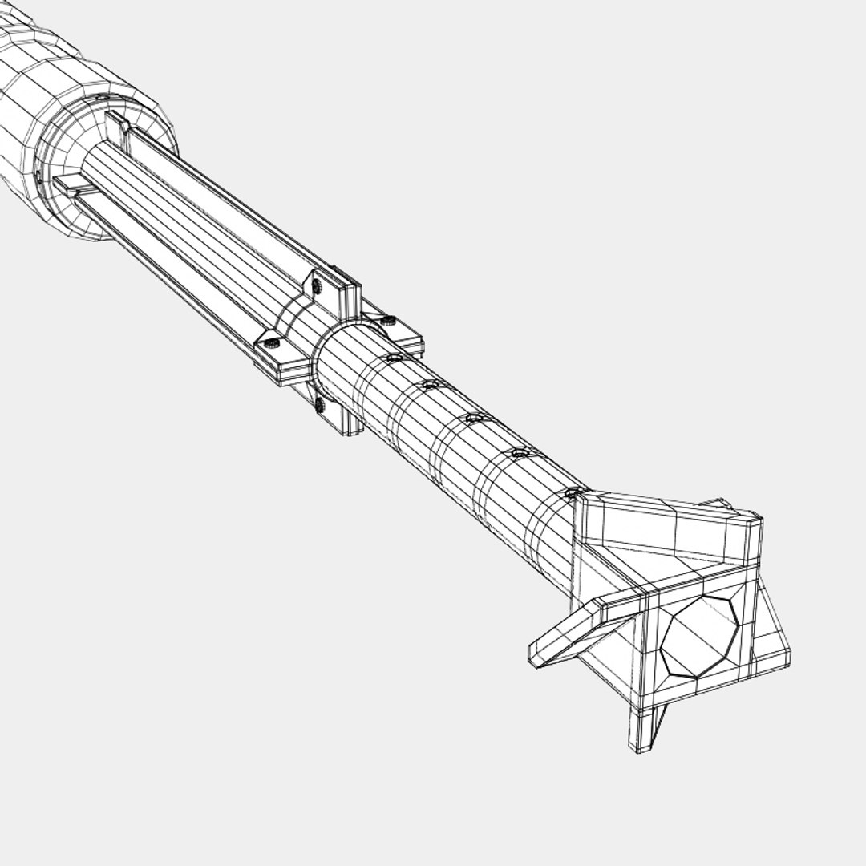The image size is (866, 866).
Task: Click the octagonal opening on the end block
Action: click(x=698, y=637)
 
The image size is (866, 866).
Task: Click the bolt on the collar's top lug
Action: click(x=318, y=284)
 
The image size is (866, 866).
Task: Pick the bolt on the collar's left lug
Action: click(x=271, y=343)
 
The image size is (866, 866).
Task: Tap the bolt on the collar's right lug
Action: click(x=389, y=321)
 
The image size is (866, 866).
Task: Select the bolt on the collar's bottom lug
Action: click(x=320, y=406)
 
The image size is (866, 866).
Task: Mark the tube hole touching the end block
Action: click(x=573, y=492)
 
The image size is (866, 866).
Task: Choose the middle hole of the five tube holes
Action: click(x=475, y=418)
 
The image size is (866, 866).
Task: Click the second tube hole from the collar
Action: click(x=431, y=385)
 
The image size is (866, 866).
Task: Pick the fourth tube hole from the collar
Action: click(x=520, y=453)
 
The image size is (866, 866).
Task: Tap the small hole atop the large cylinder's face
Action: click(x=102, y=99)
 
